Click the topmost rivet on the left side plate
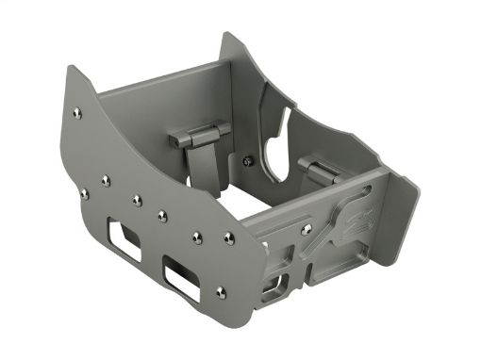76,113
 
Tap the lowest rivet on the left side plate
221,291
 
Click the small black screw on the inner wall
246,160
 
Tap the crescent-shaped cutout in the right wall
275,151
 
